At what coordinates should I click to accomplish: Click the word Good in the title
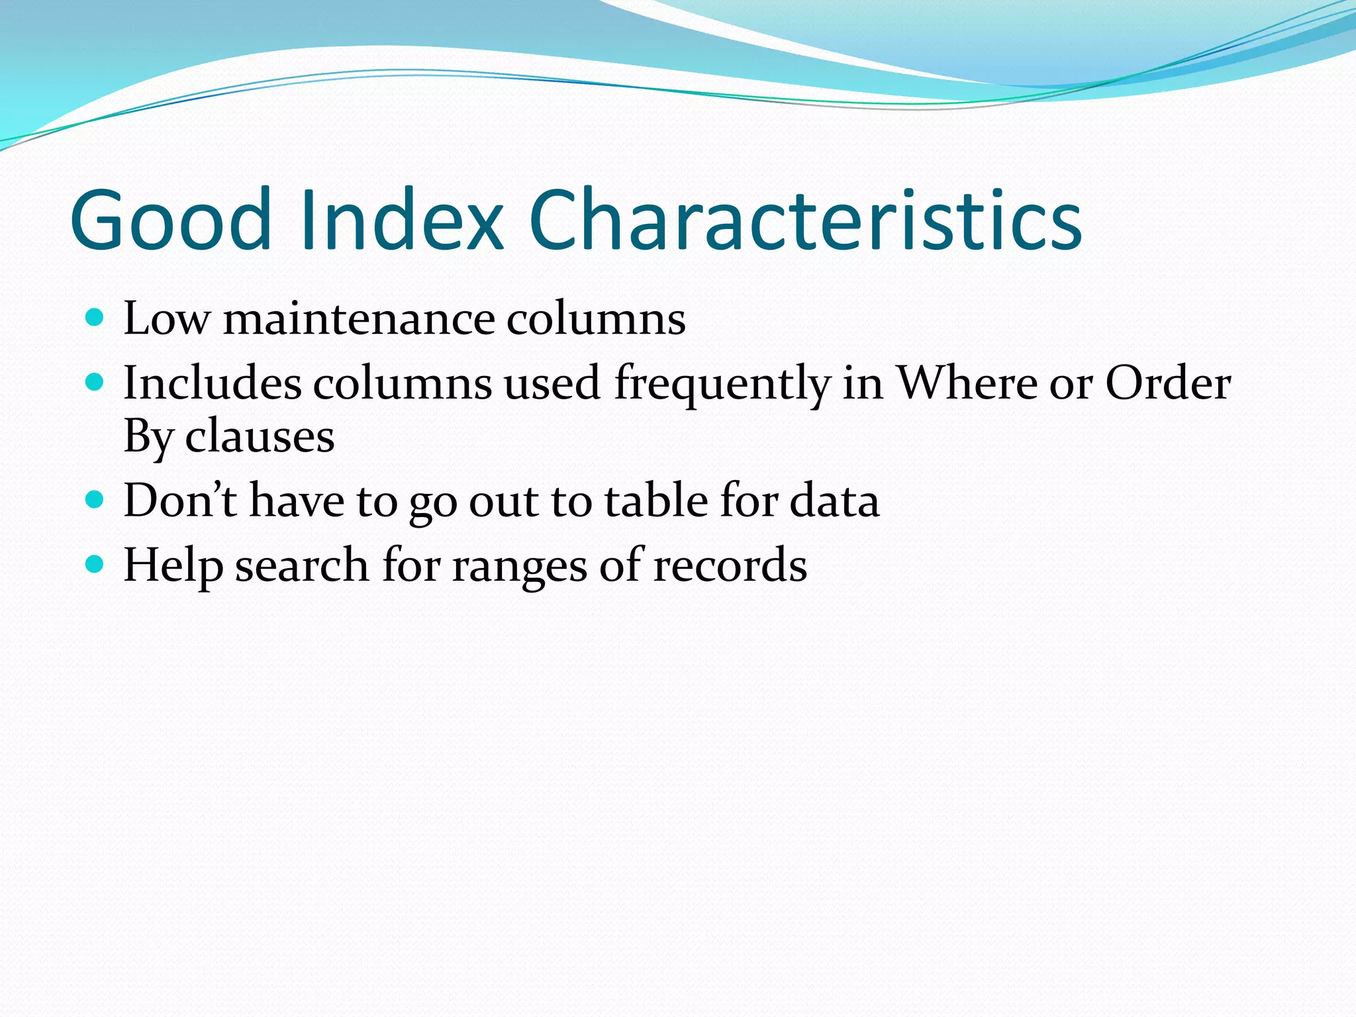[171, 220]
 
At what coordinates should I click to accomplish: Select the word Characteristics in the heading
[804, 220]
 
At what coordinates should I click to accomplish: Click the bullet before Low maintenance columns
[95, 318]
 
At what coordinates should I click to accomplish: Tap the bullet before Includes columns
[95, 382]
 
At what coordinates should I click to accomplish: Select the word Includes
[212, 383]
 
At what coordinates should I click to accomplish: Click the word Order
[1168, 383]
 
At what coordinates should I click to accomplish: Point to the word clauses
[260, 438]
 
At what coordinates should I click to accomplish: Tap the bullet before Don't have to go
[95, 499]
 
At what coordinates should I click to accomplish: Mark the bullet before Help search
[95, 564]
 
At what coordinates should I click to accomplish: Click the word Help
[173, 566]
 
